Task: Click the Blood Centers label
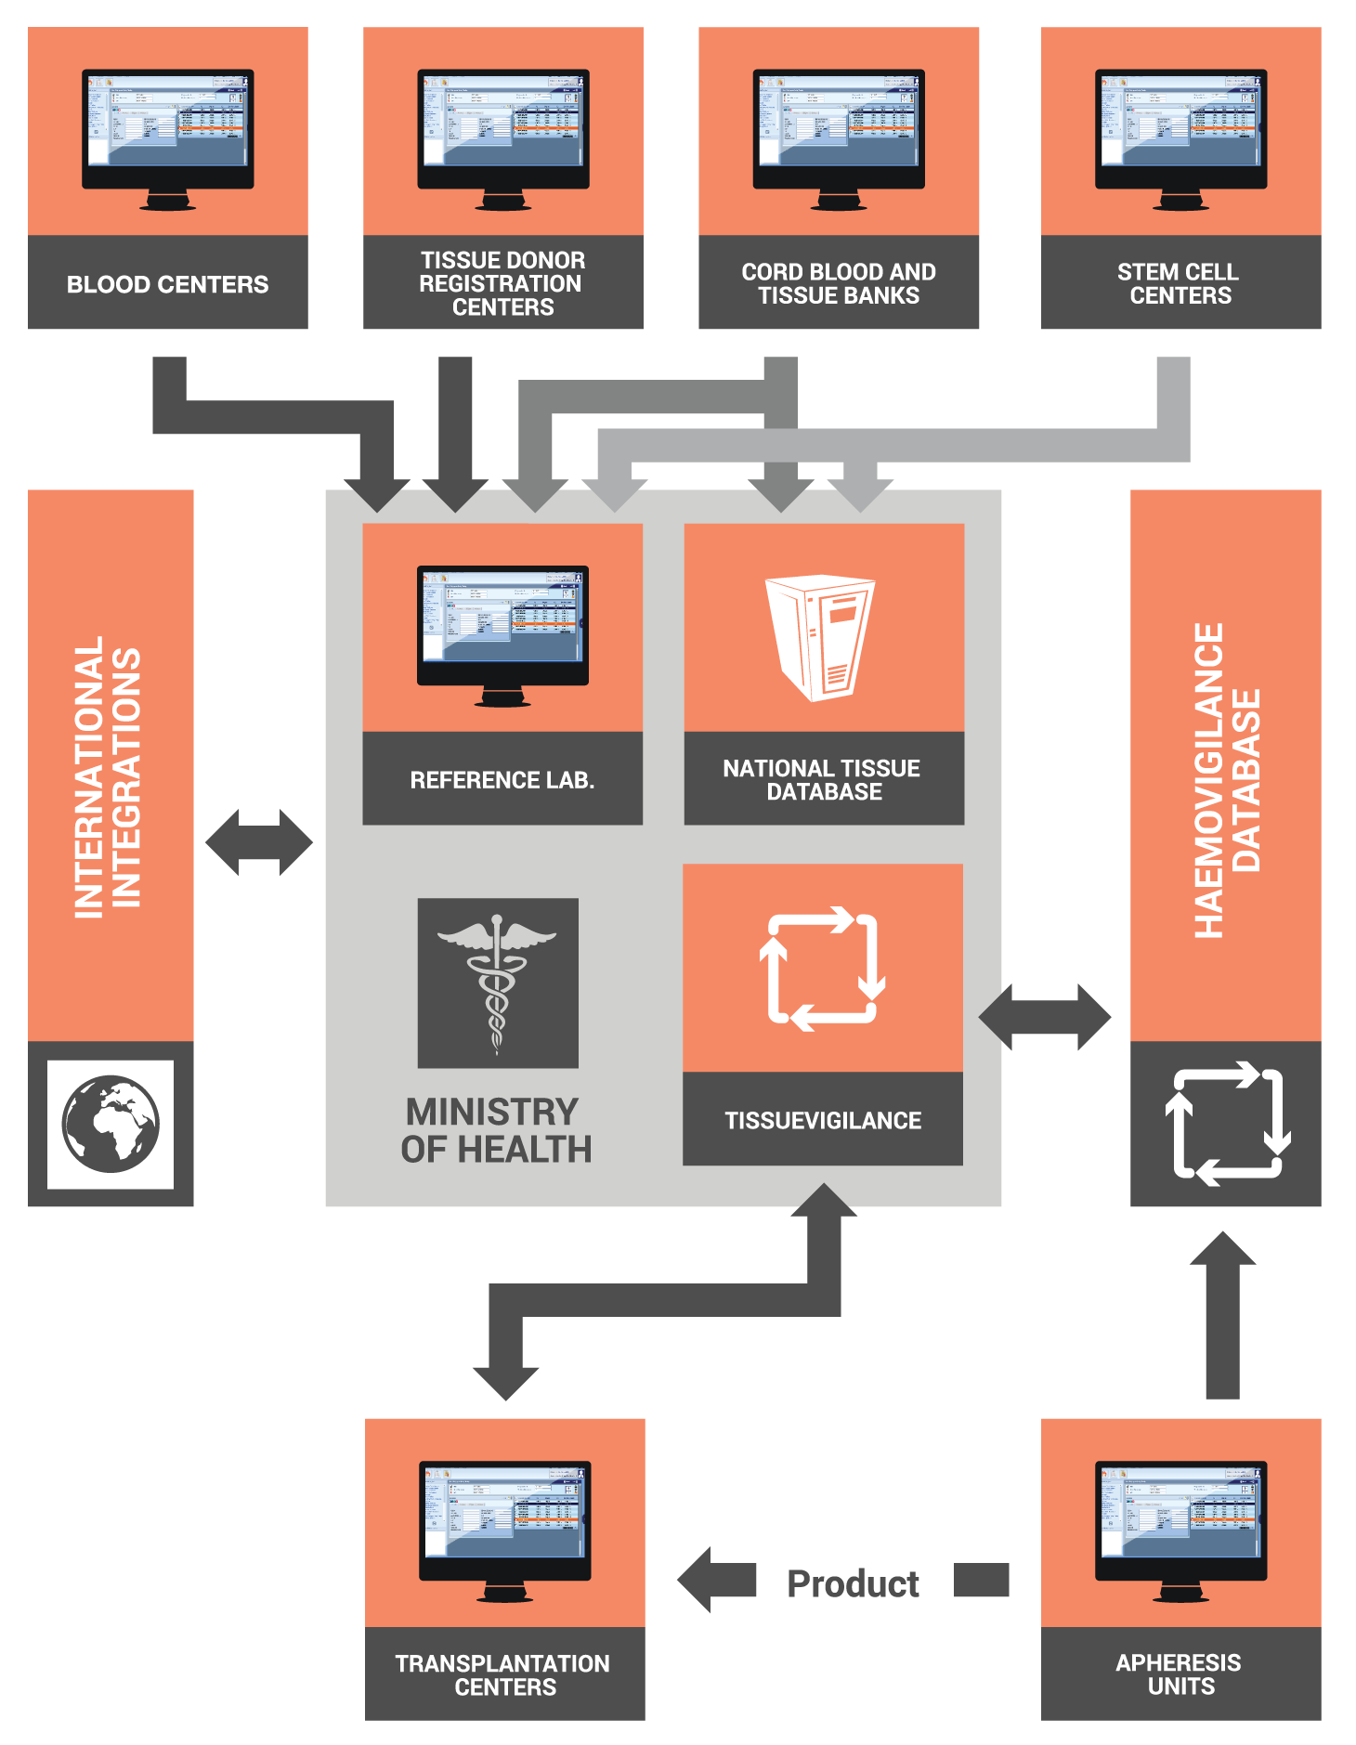(167, 284)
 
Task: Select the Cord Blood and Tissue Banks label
(838, 283)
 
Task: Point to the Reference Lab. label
(502, 780)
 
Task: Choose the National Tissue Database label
(823, 780)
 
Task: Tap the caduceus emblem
(498, 983)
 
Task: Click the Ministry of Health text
(496, 1130)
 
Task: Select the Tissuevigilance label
(823, 1121)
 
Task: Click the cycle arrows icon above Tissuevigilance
(822, 968)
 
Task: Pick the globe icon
(111, 1124)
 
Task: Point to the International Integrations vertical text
(109, 776)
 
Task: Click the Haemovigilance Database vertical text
(1226, 780)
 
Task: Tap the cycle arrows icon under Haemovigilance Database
(1228, 1124)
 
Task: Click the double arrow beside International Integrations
(259, 842)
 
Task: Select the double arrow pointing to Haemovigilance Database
(1045, 1017)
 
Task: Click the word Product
(853, 1583)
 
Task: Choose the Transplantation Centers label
(503, 1675)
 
